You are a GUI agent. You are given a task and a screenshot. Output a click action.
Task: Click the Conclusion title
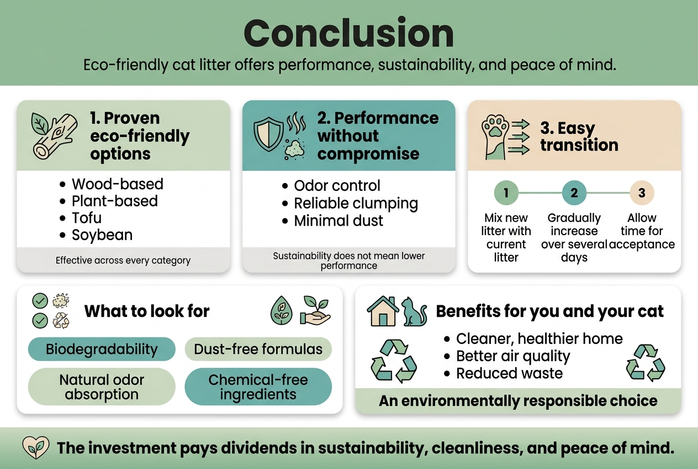coord(348,33)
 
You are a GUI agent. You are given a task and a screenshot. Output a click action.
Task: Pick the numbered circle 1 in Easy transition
coord(506,193)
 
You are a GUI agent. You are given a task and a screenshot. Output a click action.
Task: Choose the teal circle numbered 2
coord(574,193)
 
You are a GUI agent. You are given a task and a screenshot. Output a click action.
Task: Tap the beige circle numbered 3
coord(642,193)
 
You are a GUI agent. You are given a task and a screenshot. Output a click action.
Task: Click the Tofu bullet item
coord(87,218)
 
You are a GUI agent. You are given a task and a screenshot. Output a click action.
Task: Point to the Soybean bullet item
coord(102,235)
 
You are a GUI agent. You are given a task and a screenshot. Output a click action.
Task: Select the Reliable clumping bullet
coord(356,204)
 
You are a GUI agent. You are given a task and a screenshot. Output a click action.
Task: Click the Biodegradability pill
coord(102,350)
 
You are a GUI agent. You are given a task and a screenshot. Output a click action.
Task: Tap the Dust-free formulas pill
coord(258,350)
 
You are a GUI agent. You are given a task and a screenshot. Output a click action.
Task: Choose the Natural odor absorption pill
coord(102,387)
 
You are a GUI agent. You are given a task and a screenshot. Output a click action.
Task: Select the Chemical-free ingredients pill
coord(258,387)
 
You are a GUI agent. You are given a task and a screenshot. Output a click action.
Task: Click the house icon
coord(383,311)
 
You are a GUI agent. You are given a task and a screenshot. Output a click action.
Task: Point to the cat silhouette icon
coord(414,312)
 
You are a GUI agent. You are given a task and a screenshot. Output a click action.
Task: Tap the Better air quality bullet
coord(513,356)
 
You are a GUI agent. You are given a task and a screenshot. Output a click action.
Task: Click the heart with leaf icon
coord(33,447)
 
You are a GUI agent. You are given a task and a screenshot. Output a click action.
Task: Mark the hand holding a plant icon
coord(315,310)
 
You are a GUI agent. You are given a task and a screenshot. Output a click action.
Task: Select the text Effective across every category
coord(123,260)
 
